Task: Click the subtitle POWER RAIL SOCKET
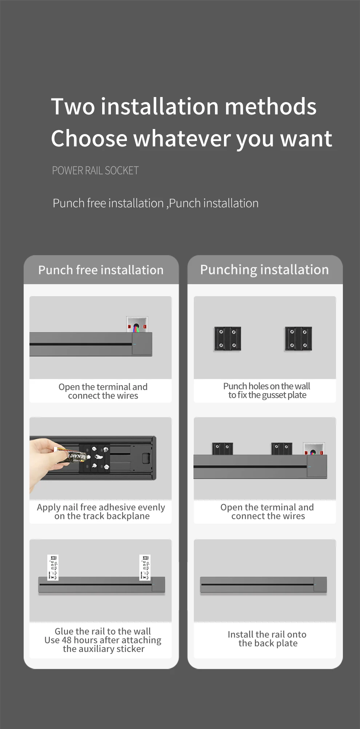(95, 170)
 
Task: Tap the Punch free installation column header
(101, 270)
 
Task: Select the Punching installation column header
(264, 270)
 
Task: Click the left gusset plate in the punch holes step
(228, 339)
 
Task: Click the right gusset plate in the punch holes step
(299, 339)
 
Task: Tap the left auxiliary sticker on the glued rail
(53, 567)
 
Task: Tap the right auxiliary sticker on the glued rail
(145, 567)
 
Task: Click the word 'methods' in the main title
(271, 106)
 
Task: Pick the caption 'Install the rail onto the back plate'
(267, 639)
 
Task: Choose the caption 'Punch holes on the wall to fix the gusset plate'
(267, 391)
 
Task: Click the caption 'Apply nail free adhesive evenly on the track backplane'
(101, 512)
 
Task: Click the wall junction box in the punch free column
(137, 325)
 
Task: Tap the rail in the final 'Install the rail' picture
(263, 585)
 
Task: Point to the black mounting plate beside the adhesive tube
(95, 458)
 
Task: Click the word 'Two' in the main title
(73, 106)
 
